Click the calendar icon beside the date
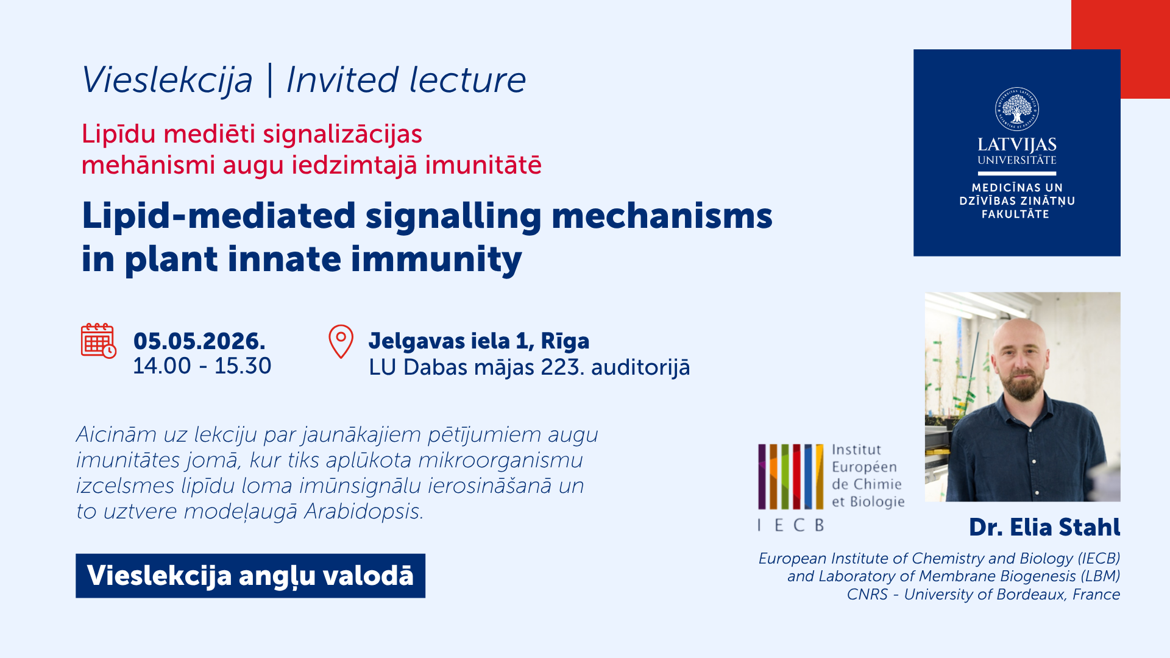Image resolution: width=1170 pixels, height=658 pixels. (x=99, y=341)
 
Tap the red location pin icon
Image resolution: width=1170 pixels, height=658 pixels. (x=341, y=341)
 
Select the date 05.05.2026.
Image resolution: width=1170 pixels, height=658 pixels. (x=199, y=341)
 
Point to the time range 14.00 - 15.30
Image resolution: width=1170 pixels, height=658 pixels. (x=202, y=366)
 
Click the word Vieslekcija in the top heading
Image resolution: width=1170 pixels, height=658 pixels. (x=168, y=80)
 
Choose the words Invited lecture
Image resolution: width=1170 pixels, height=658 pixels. (x=406, y=80)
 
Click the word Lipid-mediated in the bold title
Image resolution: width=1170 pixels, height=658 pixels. (x=219, y=216)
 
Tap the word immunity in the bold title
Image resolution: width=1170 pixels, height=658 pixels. (x=436, y=260)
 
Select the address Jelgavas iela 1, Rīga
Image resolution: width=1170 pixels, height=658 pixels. (x=479, y=341)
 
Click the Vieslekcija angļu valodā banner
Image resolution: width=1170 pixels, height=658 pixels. (x=250, y=576)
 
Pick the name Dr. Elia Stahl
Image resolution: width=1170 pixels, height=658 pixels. (x=1044, y=527)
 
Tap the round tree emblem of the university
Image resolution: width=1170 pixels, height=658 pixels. (x=1017, y=109)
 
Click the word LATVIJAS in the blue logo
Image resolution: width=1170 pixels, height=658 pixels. (x=1017, y=144)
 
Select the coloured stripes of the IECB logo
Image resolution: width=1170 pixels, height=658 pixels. (x=790, y=476)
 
